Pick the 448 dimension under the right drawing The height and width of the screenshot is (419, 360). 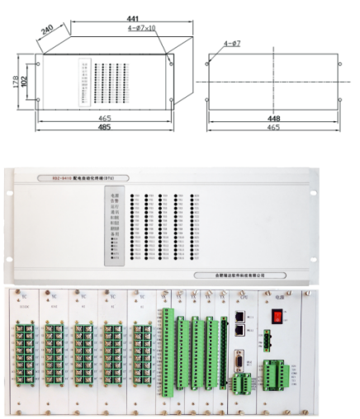tap(268, 117)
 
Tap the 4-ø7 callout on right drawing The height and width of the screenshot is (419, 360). tap(233, 42)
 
